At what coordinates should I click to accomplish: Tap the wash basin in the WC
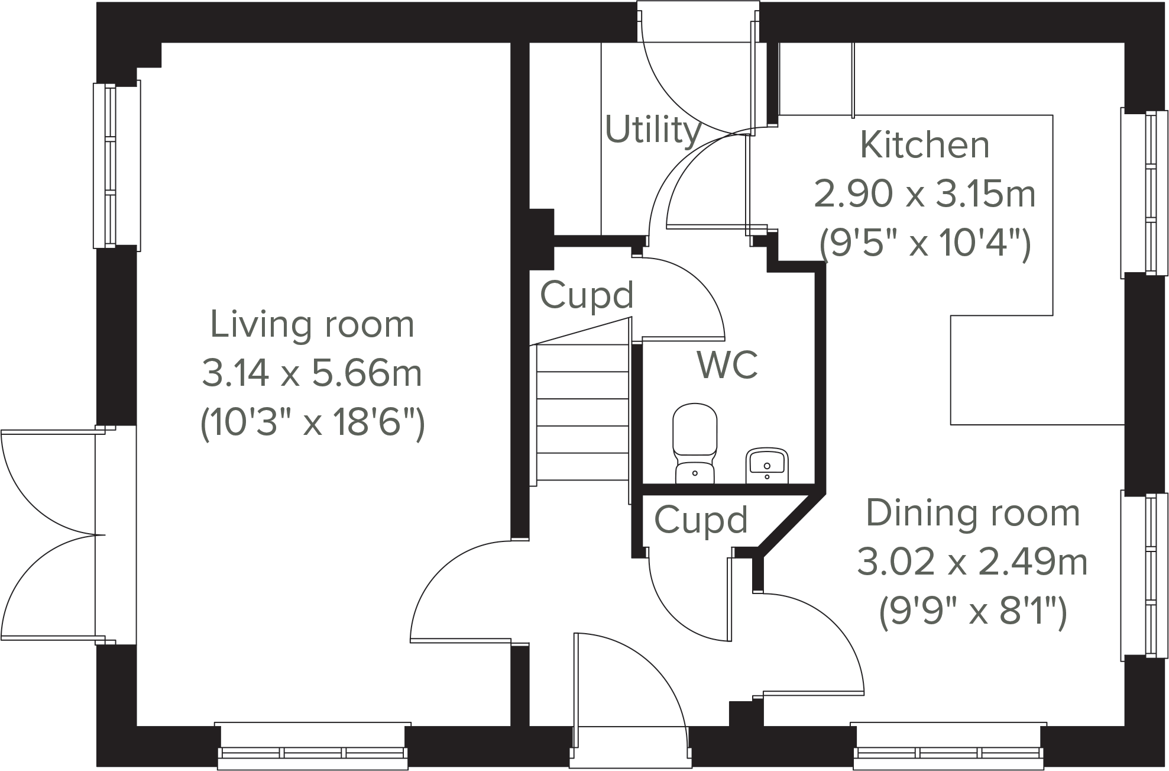[766, 465]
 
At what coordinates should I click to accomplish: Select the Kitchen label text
[924, 145]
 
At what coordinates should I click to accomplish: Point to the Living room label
[312, 325]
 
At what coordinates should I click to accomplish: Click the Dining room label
[973, 513]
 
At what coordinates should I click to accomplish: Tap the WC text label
[727, 365]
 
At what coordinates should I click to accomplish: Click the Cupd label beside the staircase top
[586, 295]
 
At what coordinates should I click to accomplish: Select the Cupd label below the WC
[701, 520]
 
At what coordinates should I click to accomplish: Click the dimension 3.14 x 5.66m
[312, 374]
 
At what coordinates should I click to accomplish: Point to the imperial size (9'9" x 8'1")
[973, 611]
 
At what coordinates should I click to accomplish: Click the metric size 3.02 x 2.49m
[973, 562]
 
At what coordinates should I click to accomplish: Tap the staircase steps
[582, 414]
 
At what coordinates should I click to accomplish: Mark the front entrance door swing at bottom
[630, 686]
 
